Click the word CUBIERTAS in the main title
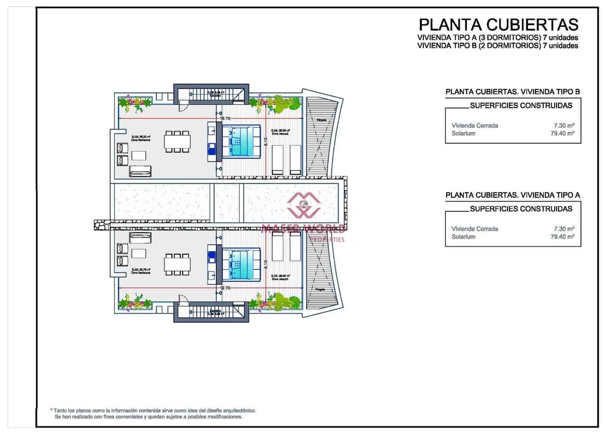click(x=533, y=25)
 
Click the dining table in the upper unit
click(x=177, y=142)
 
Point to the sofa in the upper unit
click(x=140, y=172)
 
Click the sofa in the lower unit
click(x=140, y=238)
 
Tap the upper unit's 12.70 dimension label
click(x=225, y=119)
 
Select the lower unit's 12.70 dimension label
click(x=225, y=288)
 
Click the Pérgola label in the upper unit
click(x=321, y=120)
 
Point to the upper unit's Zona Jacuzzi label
click(x=280, y=134)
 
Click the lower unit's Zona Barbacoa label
click(x=141, y=273)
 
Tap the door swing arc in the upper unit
click(x=184, y=108)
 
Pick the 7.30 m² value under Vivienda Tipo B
click(x=564, y=125)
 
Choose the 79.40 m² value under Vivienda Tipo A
click(x=562, y=237)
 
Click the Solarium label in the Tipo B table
click(x=463, y=133)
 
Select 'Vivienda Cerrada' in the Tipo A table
click(x=475, y=229)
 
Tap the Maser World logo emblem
click(x=303, y=205)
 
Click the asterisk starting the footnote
click(x=51, y=410)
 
